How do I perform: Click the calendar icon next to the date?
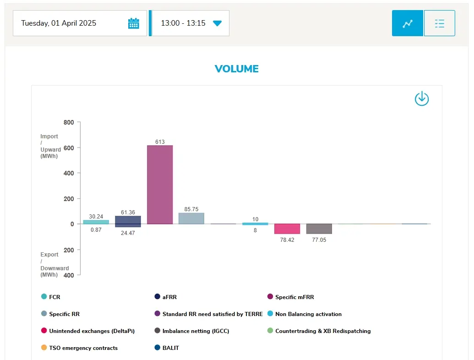[x=133, y=23]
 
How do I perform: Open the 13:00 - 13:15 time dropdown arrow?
[x=217, y=23]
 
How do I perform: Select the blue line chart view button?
[x=407, y=23]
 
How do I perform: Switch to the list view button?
[x=440, y=23]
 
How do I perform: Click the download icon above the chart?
[x=422, y=99]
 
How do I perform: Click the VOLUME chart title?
[x=237, y=69]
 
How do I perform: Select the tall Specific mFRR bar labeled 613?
[x=160, y=185]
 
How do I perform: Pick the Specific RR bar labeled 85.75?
[x=191, y=218]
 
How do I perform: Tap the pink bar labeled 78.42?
[x=287, y=229]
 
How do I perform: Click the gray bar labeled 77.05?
[x=319, y=229]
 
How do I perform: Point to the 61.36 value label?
[x=128, y=213]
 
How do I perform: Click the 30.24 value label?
[x=96, y=217]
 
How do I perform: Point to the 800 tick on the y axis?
[x=69, y=122]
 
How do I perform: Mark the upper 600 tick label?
[x=69, y=148]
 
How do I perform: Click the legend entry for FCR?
[x=51, y=297]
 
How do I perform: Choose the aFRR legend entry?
[x=166, y=297]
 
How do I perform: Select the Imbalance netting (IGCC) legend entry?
[x=191, y=331]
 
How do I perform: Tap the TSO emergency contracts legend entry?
[x=80, y=348]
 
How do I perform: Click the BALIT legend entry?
[x=167, y=348]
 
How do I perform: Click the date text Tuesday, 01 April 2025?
[x=59, y=23]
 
